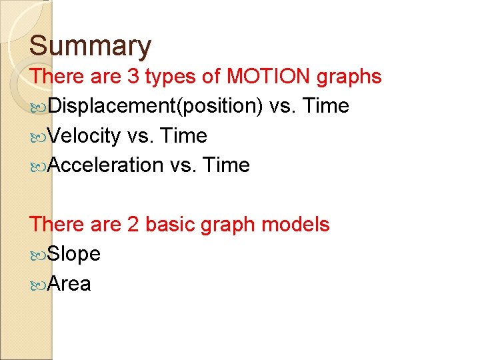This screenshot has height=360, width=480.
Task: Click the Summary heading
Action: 91,47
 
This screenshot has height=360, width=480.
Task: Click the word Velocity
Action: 84,136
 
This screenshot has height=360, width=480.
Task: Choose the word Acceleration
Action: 105,165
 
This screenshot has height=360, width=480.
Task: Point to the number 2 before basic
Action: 133,225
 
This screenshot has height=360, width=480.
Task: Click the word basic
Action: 169,225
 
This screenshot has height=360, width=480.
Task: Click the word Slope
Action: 74,254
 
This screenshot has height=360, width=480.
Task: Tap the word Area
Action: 69,284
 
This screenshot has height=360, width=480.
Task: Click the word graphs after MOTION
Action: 349,77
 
